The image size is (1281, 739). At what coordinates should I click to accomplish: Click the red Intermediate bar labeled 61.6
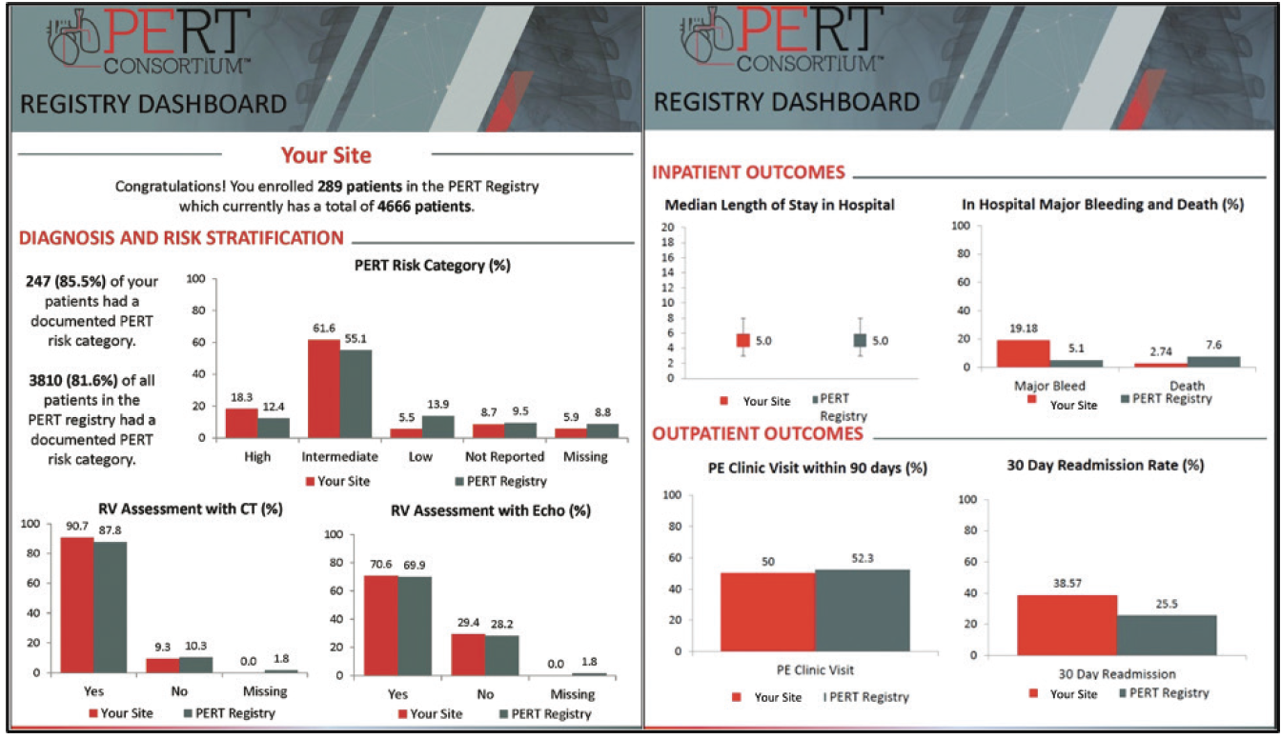click(323, 389)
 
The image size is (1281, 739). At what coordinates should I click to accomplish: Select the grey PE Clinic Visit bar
click(863, 610)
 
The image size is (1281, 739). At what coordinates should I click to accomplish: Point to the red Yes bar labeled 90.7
click(77, 605)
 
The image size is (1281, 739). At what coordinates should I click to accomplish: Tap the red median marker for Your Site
click(742, 340)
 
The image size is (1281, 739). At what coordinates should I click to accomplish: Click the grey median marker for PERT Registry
click(861, 340)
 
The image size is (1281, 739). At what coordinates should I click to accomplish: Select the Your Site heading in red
click(326, 154)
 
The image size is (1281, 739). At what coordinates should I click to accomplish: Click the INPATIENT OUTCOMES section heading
click(748, 172)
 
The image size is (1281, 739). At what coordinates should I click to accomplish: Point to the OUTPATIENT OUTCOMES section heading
click(758, 434)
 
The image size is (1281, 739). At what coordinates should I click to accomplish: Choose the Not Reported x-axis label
click(503, 456)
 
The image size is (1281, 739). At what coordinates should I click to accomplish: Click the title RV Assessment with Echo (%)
click(490, 510)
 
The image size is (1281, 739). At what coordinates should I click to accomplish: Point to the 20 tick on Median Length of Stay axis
click(667, 227)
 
